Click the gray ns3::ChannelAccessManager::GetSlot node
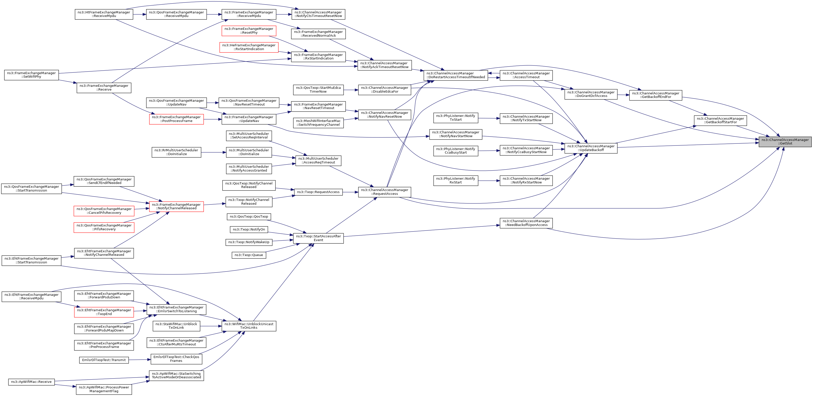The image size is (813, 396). coord(785,141)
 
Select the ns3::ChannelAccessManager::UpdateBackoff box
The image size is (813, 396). coord(590,148)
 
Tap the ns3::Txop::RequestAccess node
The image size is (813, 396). coord(318,192)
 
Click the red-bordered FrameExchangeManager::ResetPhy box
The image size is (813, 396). coord(249,31)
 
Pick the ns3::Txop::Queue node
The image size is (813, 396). coord(249,255)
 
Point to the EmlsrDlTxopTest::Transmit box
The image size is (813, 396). coord(104,360)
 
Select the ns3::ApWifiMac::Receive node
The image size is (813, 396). coord(31,382)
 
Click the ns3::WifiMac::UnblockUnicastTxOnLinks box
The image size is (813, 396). coord(249,326)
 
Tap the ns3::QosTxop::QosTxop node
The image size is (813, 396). coord(249,217)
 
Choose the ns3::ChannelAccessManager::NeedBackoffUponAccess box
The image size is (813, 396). coord(526,223)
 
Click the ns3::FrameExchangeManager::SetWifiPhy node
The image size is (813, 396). coord(31,75)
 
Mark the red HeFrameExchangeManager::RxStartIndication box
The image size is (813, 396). coord(249,47)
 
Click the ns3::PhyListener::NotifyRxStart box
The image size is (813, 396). coord(455,180)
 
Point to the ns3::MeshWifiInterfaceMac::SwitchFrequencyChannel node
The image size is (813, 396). coord(318,123)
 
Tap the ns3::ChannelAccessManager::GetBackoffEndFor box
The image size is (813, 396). coord(655,95)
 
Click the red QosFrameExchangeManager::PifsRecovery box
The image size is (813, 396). coord(104,227)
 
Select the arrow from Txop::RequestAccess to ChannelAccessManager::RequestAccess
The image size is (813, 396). coord(350,192)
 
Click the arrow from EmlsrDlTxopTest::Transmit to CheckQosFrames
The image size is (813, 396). coord(140,360)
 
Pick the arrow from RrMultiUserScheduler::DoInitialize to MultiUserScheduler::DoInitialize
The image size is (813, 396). coord(213,152)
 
